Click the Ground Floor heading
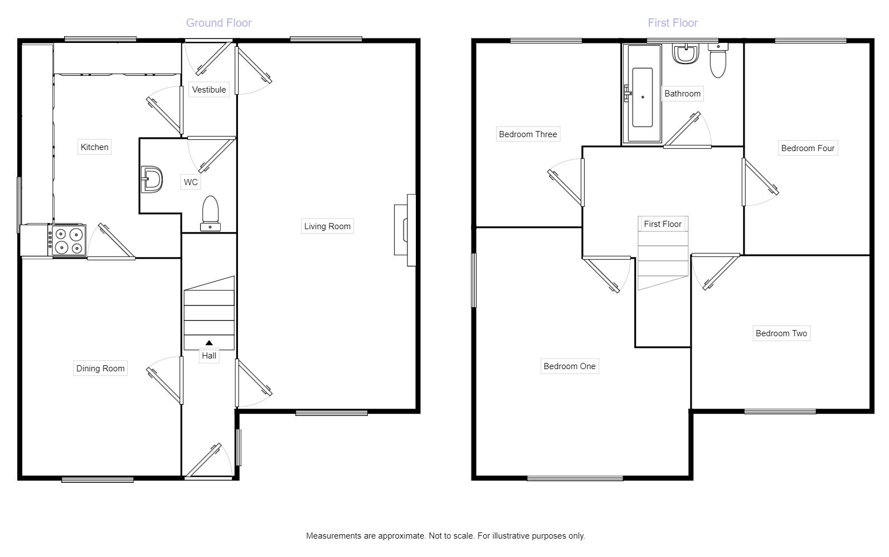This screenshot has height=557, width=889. (x=218, y=23)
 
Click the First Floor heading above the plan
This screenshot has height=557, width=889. (x=673, y=23)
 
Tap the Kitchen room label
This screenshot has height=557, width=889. (x=94, y=147)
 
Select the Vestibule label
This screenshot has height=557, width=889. (x=209, y=90)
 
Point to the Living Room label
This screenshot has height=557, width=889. (x=327, y=226)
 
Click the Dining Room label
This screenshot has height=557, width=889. (x=100, y=369)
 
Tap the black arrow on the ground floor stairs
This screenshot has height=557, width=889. (x=209, y=342)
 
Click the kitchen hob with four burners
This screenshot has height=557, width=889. (x=67, y=240)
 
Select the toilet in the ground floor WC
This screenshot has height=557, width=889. (x=210, y=213)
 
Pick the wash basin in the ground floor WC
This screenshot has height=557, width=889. (x=152, y=180)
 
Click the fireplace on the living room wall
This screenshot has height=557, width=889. (x=405, y=230)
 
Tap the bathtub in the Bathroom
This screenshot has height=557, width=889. (x=642, y=94)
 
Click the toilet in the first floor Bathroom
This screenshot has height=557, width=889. (x=718, y=61)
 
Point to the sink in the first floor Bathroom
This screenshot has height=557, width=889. (x=686, y=54)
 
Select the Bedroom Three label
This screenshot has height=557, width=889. (x=528, y=134)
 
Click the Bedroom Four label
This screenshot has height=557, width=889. (x=808, y=148)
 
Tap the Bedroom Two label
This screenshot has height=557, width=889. (x=781, y=333)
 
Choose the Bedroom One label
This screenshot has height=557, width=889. (x=570, y=366)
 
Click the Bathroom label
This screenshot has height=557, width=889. (x=682, y=94)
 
